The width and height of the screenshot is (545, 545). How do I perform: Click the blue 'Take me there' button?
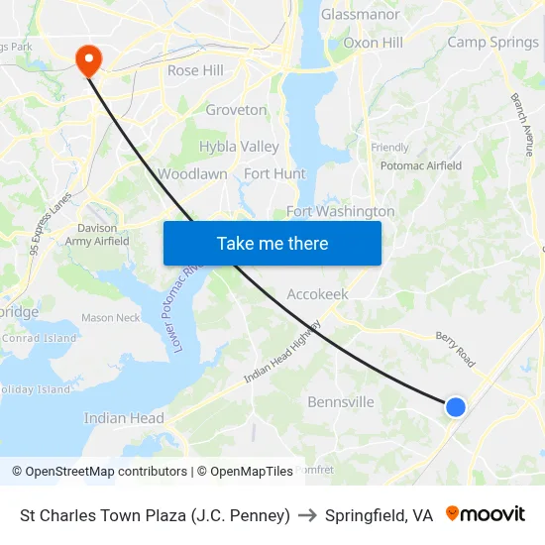point(272,243)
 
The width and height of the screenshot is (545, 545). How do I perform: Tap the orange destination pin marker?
point(89,59)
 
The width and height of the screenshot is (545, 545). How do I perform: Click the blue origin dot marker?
point(455,406)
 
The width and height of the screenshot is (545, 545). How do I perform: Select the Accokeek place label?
point(317,294)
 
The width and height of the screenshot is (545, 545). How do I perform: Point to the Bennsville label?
point(341,402)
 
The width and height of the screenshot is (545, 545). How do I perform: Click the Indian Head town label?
point(124,418)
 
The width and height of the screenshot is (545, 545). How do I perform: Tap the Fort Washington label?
point(340,211)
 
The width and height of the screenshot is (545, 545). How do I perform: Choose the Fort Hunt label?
point(274,173)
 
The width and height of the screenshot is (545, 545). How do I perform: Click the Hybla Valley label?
point(239,147)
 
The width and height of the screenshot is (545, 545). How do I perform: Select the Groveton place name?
point(236,110)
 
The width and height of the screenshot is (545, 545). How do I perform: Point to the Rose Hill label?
point(195,70)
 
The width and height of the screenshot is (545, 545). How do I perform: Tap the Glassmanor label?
point(360,14)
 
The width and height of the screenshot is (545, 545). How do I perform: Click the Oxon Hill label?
point(373,43)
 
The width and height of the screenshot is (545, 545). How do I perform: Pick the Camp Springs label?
point(492,42)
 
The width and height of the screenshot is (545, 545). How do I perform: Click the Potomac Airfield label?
point(421,165)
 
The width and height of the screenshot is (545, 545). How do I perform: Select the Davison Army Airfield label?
point(97,234)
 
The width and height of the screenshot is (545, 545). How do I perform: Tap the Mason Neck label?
point(110,318)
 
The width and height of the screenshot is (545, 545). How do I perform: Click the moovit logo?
point(485,514)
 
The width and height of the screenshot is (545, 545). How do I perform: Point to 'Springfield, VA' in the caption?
point(379,515)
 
